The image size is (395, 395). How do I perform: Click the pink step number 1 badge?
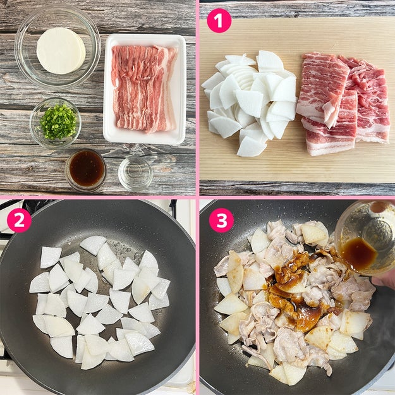point(219,21)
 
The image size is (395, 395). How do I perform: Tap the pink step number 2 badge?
point(19,220)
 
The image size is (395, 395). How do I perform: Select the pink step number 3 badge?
point(222,220)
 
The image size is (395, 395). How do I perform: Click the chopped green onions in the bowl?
point(58,122)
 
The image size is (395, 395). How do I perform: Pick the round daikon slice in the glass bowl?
point(61,51)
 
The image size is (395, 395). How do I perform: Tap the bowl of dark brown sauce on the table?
point(86,169)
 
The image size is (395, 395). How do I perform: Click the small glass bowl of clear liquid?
point(135,173)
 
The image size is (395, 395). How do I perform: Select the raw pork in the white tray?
point(144,88)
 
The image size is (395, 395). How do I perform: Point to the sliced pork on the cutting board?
point(343,102)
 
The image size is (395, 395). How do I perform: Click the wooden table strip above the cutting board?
point(297,9)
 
